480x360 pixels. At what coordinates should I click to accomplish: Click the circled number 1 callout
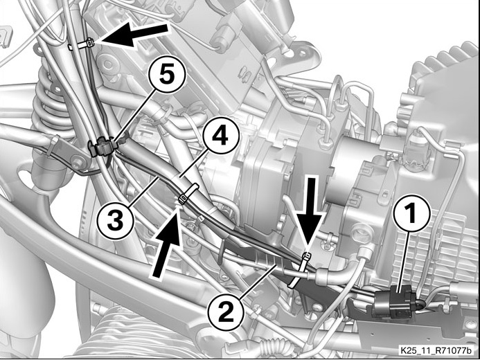411,214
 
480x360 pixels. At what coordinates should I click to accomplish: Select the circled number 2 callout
226,312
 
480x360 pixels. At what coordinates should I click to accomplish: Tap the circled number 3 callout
116,221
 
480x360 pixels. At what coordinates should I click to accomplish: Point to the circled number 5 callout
167,75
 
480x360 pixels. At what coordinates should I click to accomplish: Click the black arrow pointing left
134,35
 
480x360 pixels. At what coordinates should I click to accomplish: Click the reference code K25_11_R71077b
436,350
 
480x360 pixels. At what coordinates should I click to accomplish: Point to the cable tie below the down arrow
301,269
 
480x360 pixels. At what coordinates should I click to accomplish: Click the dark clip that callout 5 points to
102,147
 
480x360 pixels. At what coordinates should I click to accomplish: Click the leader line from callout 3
144,190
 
